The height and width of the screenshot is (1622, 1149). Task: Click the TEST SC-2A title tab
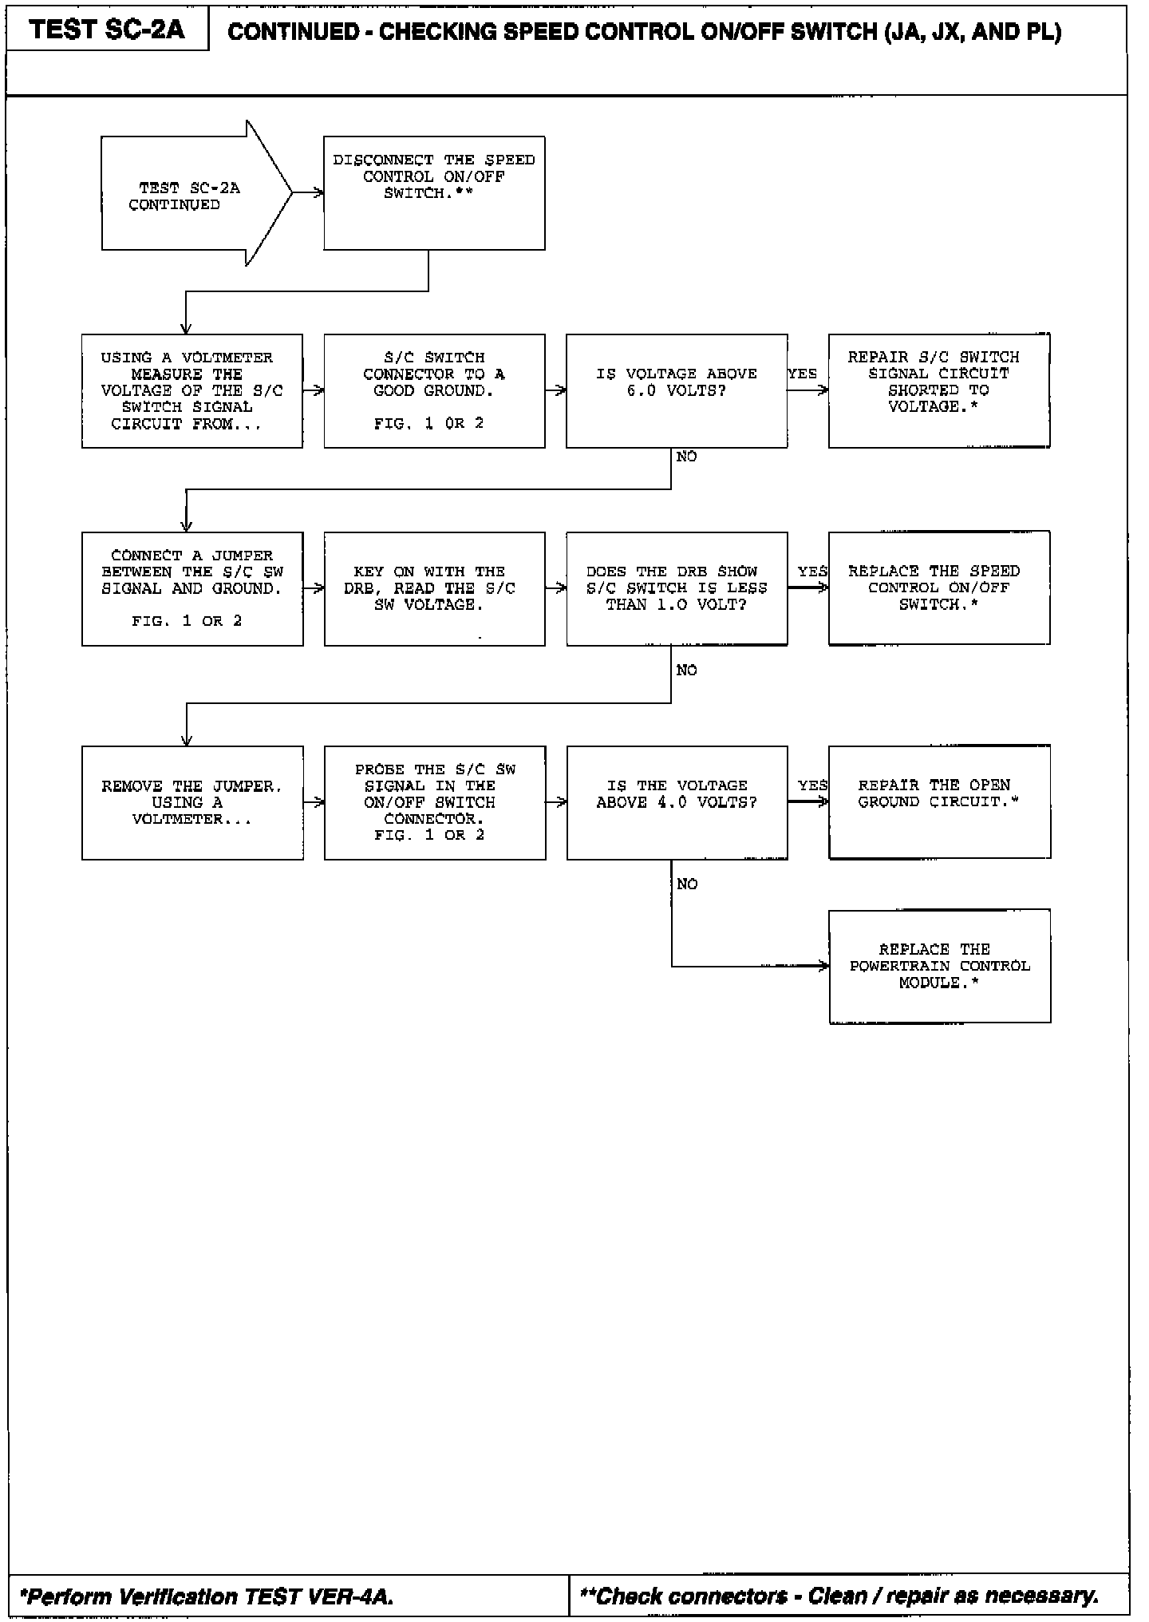coord(107,30)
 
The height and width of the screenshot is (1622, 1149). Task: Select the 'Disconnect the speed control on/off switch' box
coord(434,192)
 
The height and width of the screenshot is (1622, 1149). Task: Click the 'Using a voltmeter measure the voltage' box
coord(191,390)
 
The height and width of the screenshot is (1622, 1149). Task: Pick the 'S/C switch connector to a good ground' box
coord(434,390)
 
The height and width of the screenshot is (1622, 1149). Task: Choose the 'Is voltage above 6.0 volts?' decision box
coord(676,390)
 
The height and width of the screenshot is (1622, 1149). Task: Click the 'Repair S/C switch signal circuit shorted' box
coord(938,390)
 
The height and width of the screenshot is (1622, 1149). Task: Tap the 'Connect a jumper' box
coord(191,588)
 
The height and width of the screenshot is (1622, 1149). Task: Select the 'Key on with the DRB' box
coord(434,588)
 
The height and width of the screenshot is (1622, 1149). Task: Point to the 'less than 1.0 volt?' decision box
coord(676,588)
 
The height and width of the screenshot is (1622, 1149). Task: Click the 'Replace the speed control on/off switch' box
coord(938,588)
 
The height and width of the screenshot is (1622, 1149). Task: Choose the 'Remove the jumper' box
coord(191,802)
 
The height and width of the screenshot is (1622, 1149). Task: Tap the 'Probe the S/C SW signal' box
coord(434,802)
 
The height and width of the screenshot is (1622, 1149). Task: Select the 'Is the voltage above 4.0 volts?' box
coord(676,802)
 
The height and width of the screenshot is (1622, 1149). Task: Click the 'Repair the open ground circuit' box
coord(938,802)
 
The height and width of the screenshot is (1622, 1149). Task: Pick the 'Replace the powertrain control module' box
coord(939,966)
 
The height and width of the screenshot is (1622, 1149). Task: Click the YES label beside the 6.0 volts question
coord(802,374)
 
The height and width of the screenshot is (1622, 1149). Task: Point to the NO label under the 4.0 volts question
coord(686,884)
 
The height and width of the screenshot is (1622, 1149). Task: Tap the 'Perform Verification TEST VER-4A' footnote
coord(207,1596)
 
